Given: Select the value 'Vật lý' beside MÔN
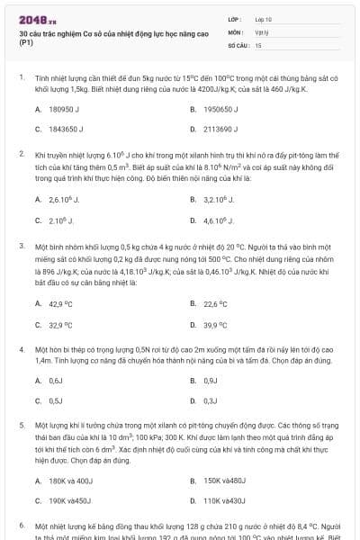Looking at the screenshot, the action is pyautogui.click(x=262, y=31).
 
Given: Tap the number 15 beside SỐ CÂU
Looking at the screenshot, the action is pyautogui.click(x=258, y=44).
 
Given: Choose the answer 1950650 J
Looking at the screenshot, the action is pyautogui.click(x=220, y=109).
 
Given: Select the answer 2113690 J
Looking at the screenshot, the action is pyautogui.click(x=220, y=129).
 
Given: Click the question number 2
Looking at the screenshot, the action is pyautogui.click(x=21, y=154).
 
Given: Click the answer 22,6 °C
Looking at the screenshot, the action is pyautogui.click(x=216, y=304).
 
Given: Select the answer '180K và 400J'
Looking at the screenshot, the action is pyautogui.click(x=67, y=481).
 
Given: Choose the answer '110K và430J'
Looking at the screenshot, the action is pyautogui.click(x=224, y=500).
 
